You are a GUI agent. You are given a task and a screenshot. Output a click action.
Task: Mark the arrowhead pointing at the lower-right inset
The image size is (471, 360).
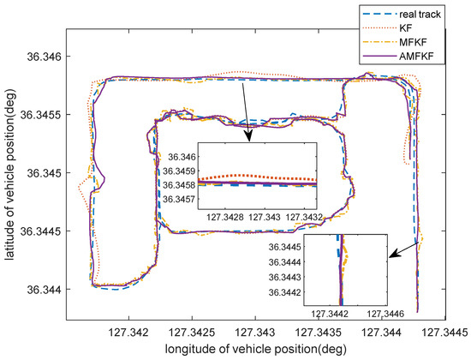tap(392, 254)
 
